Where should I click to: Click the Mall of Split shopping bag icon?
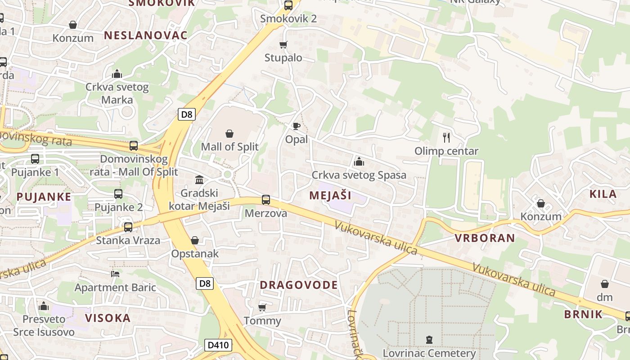pos(229,134)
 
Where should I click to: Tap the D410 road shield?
pos(219,345)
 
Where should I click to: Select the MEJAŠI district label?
pos(330,195)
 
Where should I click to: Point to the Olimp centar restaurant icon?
pos(446,137)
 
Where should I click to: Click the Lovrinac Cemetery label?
pos(429,353)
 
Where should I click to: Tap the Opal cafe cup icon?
pos(296,126)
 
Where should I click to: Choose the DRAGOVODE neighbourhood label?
pos(299,285)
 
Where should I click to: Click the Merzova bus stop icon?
pos(266,200)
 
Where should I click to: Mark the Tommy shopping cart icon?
pos(262,308)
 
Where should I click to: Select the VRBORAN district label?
pos(485,238)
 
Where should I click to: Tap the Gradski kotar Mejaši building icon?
pos(199,180)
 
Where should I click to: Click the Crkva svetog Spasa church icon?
pos(359,161)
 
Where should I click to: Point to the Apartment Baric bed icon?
pos(115,274)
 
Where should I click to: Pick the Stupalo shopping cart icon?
pos(283,45)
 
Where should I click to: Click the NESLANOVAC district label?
pos(146,36)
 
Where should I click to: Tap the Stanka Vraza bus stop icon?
pos(128,227)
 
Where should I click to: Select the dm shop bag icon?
pos(605,284)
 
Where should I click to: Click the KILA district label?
pos(603,194)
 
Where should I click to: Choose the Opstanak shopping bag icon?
pos(195,240)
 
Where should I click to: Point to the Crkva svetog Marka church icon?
pos(117,74)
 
